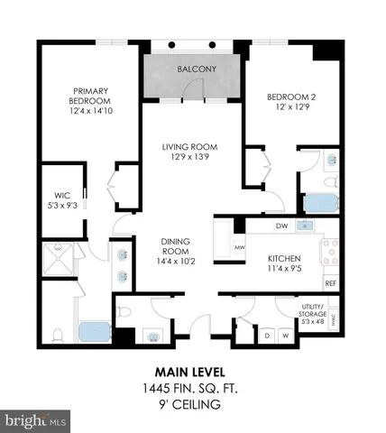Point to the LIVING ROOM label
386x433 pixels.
coord(189,152)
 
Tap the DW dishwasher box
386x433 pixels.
coord(281,226)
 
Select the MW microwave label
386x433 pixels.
coord(240,246)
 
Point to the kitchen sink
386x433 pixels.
coord(305,226)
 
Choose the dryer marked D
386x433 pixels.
coord(266,336)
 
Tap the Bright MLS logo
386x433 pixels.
coord(36,421)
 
